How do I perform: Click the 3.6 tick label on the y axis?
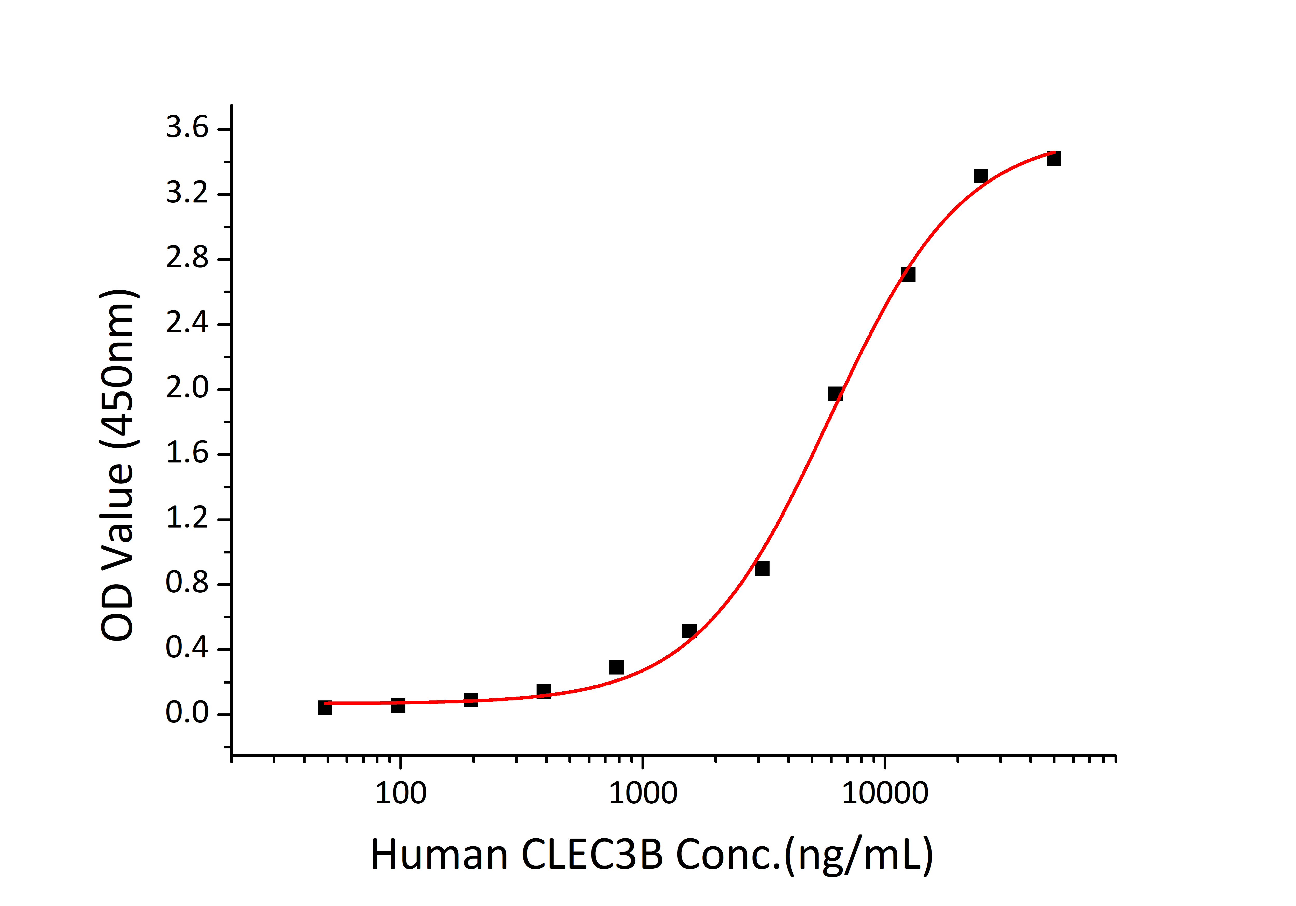[187, 128]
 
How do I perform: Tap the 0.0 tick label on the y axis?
[187, 713]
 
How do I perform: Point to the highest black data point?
[1053, 159]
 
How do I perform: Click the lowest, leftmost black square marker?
[325, 707]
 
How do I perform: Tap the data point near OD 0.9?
[762, 568]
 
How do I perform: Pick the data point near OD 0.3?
[616, 667]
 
